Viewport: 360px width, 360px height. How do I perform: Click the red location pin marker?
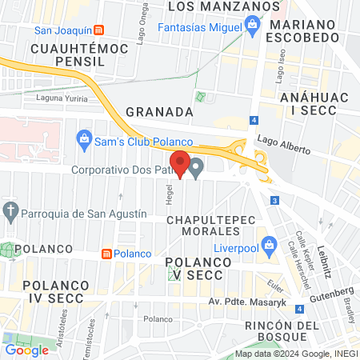point(181,164)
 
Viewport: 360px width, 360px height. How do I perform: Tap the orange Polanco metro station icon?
point(106,254)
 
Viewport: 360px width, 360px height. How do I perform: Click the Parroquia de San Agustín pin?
point(10,212)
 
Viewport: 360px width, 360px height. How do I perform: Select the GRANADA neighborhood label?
point(159,112)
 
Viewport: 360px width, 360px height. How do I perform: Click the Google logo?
point(26,349)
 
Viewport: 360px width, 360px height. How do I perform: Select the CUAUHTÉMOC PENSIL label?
point(63,55)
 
